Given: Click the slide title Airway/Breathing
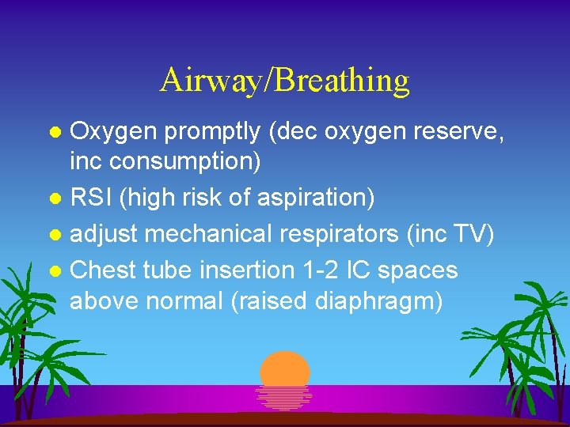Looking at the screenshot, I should (284, 81).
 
